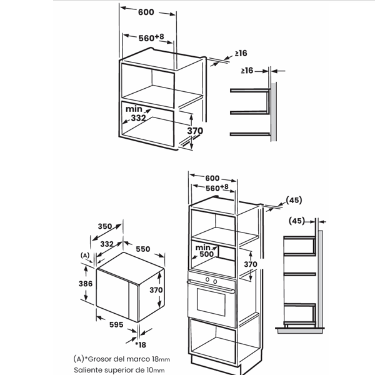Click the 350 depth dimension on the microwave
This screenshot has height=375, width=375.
pyautogui.click(x=105, y=226)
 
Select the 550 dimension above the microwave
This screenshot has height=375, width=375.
pyautogui.click(x=143, y=249)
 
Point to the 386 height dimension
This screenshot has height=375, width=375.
pyautogui.click(x=86, y=284)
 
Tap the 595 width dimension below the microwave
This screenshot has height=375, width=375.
pyautogui.click(x=116, y=324)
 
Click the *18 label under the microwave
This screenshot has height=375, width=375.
pyautogui.click(x=141, y=344)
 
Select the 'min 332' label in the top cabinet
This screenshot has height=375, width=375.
pyautogui.click(x=136, y=113)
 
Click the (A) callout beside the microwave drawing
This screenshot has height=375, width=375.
pyautogui.click(x=85, y=256)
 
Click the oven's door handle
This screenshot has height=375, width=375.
pyautogui.click(x=211, y=286)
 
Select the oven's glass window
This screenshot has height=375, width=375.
pyautogui.click(x=211, y=302)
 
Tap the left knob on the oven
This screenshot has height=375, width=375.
pyautogui.click(x=207, y=279)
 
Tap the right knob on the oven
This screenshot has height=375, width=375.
pyautogui.click(x=215, y=281)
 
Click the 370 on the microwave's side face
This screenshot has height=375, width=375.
pyautogui.click(x=156, y=290)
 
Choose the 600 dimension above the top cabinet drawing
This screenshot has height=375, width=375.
pyautogui.click(x=146, y=12)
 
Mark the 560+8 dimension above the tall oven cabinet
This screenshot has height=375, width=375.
pyautogui.click(x=217, y=187)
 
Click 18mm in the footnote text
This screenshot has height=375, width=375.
pyautogui.click(x=161, y=359)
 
